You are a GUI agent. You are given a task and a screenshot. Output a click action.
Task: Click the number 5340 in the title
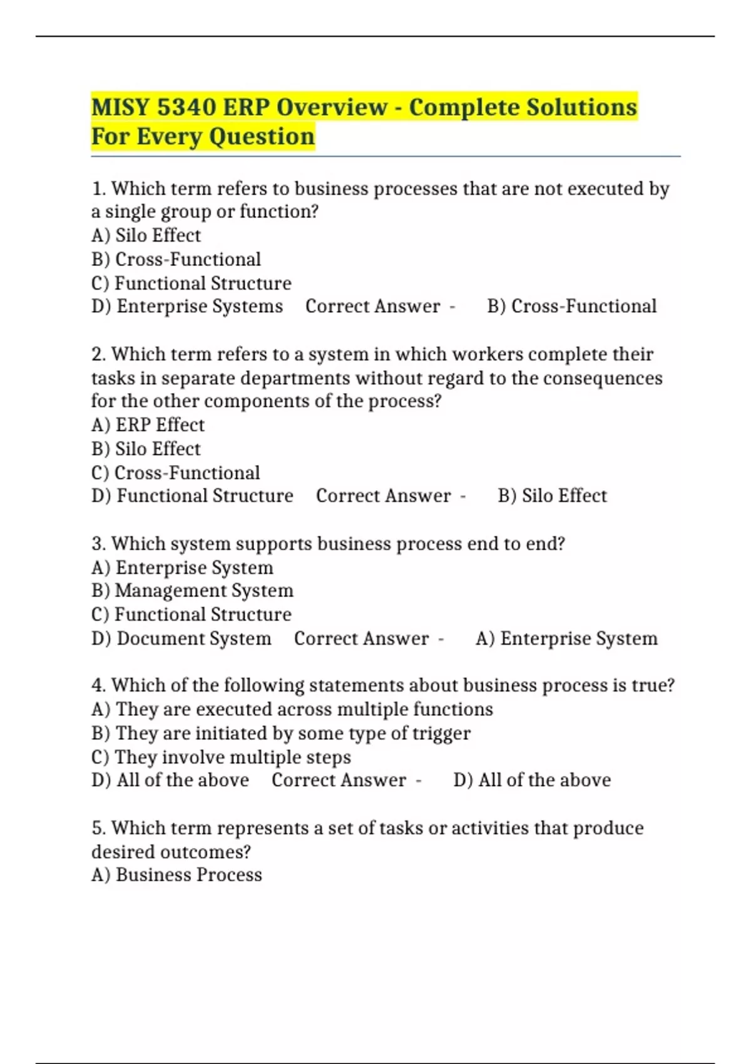186,107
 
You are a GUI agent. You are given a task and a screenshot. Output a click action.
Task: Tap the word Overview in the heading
332,107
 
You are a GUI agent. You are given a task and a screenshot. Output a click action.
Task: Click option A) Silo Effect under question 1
146,235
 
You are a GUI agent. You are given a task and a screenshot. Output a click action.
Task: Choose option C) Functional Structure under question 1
191,283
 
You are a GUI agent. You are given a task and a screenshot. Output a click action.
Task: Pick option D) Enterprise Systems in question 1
187,306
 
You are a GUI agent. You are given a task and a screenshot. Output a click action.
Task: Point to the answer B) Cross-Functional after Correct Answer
571,306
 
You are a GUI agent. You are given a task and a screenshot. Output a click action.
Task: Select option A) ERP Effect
148,425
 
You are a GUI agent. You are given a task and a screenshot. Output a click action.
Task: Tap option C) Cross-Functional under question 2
175,473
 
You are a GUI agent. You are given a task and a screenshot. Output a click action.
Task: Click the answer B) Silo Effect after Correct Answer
552,496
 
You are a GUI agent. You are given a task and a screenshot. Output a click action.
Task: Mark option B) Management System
192,590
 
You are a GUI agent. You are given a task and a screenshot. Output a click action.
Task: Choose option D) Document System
181,638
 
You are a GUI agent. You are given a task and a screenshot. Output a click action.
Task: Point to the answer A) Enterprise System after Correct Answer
566,638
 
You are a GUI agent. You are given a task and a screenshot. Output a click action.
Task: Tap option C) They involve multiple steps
221,757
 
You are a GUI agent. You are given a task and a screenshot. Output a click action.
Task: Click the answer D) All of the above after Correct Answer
532,780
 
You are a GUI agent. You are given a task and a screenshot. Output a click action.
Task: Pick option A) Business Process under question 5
176,874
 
